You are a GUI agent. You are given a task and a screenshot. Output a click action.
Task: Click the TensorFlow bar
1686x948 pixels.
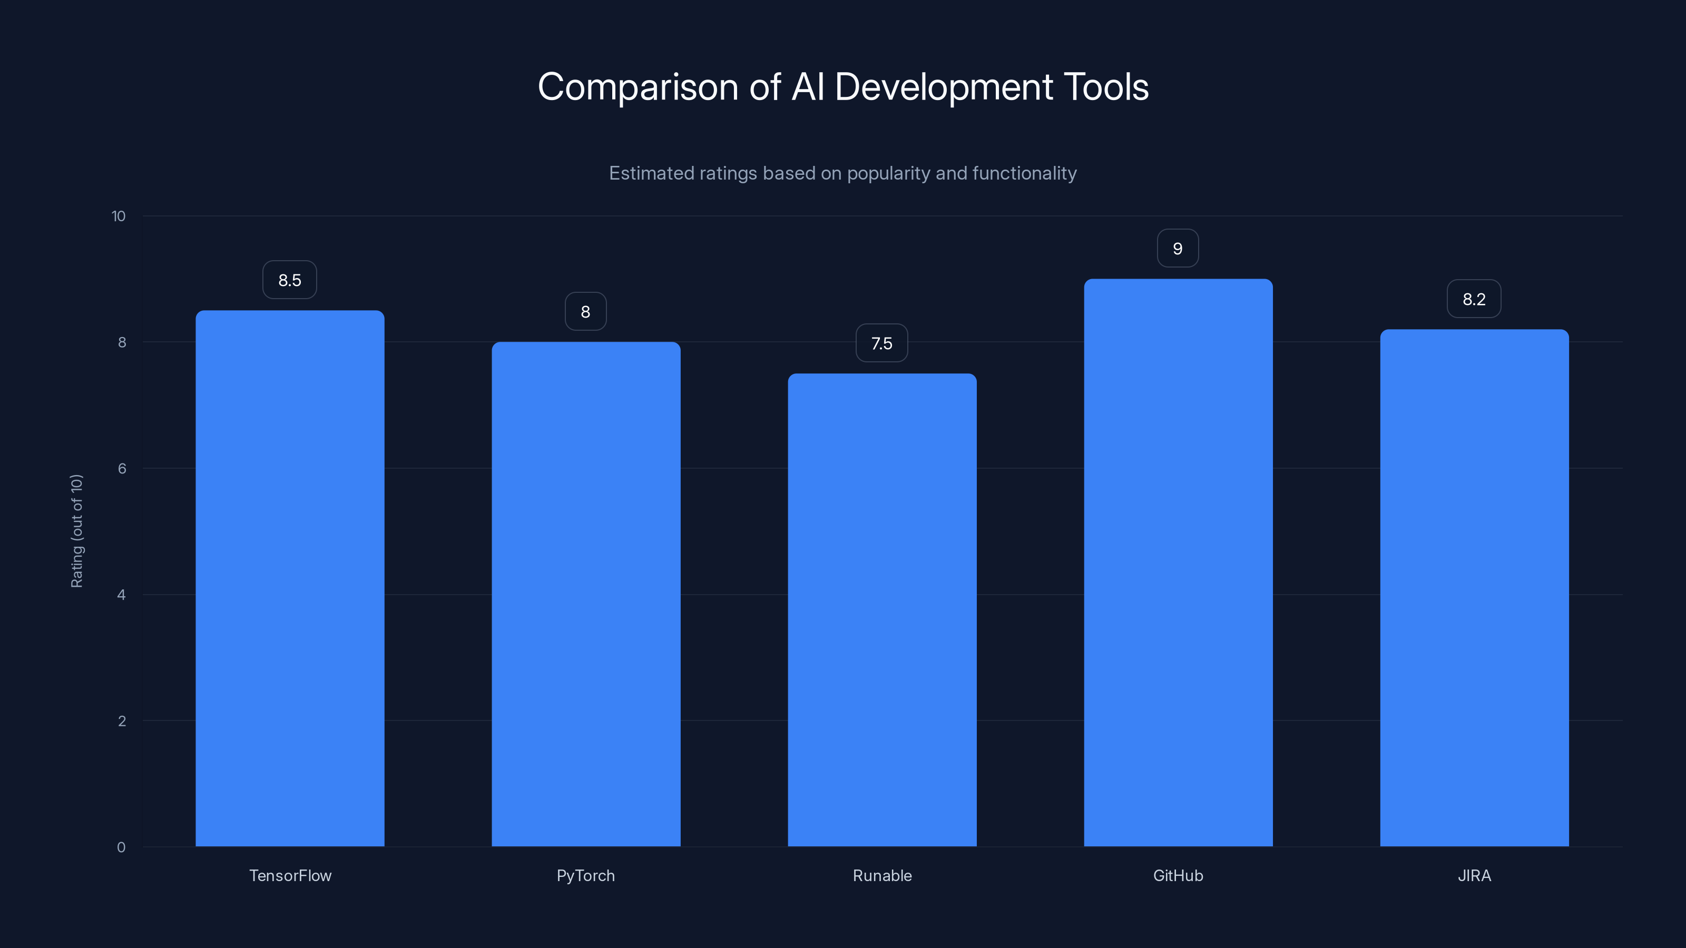[x=290, y=578]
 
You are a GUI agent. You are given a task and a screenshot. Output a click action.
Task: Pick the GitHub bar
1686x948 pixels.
[x=1178, y=562]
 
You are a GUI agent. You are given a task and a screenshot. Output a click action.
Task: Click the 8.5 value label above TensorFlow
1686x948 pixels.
[x=290, y=280]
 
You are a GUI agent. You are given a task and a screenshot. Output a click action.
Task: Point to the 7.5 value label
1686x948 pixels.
[x=881, y=343]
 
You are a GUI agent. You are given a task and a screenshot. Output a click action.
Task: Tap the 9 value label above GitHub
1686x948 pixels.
[x=1178, y=249]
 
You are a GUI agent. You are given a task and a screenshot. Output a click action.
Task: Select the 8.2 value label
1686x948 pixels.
[x=1474, y=299]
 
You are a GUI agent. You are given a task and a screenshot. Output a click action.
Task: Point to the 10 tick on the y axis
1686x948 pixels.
[x=119, y=216]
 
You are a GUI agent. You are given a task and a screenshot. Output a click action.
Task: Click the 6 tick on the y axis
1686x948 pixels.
[x=122, y=468]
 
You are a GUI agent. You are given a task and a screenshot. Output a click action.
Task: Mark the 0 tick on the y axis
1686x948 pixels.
[x=121, y=847]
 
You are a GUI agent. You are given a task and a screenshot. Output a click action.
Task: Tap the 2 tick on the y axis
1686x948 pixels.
[x=122, y=721]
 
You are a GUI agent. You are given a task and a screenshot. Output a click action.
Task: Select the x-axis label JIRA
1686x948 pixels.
[x=1474, y=875]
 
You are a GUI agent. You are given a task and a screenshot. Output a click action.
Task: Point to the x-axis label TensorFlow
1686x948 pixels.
[x=290, y=875]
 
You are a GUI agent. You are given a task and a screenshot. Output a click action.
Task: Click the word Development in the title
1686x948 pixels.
[x=944, y=87]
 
